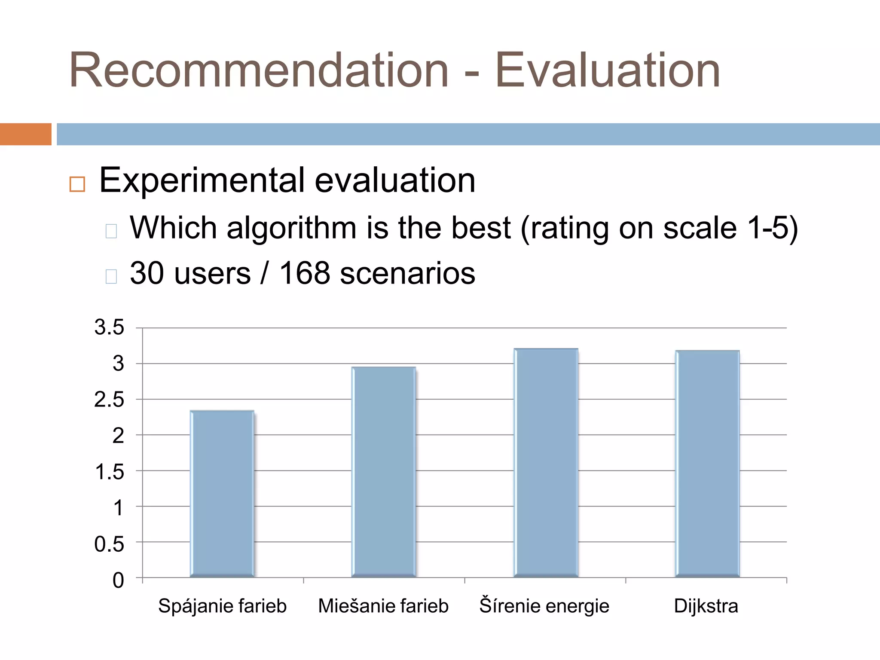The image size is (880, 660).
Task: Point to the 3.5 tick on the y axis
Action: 109,327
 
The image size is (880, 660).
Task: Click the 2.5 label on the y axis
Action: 109,400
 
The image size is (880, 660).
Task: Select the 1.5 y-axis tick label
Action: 109,472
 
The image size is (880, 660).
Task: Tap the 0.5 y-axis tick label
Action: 109,544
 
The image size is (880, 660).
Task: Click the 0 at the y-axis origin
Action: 118,580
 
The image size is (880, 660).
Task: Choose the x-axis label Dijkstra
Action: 706,606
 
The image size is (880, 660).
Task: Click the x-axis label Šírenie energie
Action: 544,606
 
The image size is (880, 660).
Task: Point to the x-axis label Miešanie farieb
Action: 383,606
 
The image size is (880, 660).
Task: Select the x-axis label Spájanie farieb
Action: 222,606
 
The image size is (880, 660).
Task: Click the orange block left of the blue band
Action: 26,134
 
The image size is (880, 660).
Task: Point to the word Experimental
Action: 202,180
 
